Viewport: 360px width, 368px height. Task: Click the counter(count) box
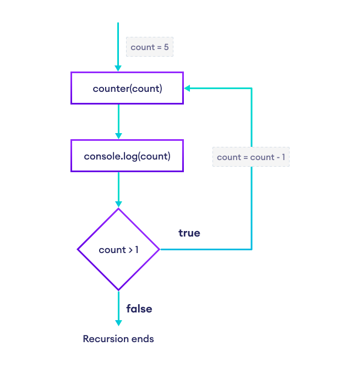point(127,88)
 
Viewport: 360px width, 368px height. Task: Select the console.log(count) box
point(127,156)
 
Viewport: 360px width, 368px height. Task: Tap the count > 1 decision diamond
point(118,250)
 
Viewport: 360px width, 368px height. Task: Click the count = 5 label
point(150,47)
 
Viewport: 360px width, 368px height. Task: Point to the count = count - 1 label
point(251,157)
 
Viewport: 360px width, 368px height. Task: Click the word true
point(189,233)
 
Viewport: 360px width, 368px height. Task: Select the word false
point(139,309)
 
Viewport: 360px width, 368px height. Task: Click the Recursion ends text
point(118,339)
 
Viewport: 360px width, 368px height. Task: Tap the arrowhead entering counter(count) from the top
point(118,68)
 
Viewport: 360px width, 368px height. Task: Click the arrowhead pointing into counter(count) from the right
point(187,88)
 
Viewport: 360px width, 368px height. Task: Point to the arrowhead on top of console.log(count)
point(118,136)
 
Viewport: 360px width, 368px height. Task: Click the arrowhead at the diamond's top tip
point(118,204)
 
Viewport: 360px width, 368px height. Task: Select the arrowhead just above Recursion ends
point(118,322)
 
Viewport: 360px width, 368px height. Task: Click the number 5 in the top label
point(166,47)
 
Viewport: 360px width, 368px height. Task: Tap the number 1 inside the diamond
point(137,250)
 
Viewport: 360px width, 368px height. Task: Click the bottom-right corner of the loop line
point(252,249)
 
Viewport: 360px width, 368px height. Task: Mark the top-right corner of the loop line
point(252,88)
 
